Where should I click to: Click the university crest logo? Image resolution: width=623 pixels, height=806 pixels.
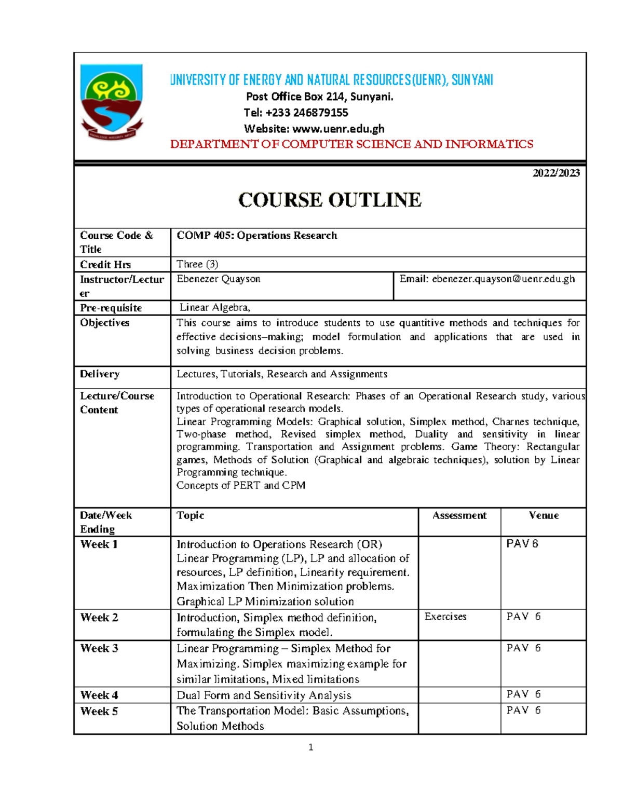click(112, 102)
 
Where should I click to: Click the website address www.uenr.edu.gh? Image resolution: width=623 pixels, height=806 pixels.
click(338, 129)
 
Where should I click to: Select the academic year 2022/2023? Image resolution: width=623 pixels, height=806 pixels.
click(556, 173)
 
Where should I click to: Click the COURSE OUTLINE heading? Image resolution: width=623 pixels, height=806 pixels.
click(330, 200)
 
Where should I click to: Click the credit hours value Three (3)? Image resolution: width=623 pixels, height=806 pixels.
click(197, 264)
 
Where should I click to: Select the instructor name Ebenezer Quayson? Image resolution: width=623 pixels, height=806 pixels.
click(219, 279)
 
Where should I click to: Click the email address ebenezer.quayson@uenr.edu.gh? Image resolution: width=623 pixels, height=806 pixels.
click(503, 279)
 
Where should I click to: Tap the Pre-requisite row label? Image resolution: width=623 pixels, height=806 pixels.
click(111, 308)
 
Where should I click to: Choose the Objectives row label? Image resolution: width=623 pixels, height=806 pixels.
click(104, 323)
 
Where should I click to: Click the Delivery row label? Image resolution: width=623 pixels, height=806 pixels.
click(100, 374)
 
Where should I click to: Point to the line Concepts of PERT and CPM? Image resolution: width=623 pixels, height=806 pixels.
click(241, 485)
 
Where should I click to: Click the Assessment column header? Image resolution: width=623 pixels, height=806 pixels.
click(459, 515)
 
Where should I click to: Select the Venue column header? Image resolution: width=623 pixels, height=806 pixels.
click(544, 515)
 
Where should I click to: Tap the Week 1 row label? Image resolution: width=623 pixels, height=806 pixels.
click(99, 544)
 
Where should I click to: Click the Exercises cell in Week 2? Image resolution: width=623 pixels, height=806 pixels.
click(445, 617)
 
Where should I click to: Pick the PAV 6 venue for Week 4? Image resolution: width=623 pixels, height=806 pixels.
click(523, 694)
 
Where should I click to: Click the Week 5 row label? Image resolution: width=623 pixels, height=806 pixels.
click(99, 712)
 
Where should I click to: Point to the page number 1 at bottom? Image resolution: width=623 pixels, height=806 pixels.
click(310, 747)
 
